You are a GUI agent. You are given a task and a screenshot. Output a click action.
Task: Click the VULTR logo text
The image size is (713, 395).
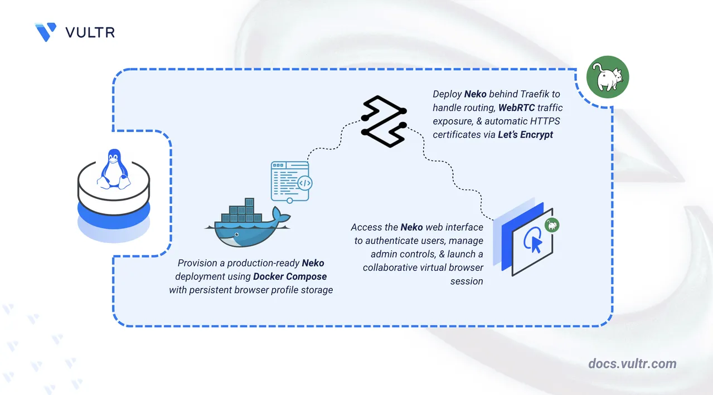click(90, 32)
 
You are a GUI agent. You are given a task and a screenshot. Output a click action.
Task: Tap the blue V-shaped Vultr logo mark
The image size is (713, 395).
click(46, 32)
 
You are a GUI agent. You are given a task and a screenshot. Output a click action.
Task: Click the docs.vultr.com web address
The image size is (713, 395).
click(632, 364)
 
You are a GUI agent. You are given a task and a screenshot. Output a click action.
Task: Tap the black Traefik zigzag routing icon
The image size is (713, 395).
click(384, 122)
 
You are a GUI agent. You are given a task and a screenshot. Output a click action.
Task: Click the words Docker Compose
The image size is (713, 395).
click(290, 276)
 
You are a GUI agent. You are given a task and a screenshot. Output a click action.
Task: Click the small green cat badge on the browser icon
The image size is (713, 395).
click(552, 225)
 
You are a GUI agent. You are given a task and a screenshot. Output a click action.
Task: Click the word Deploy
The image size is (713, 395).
click(447, 94)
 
